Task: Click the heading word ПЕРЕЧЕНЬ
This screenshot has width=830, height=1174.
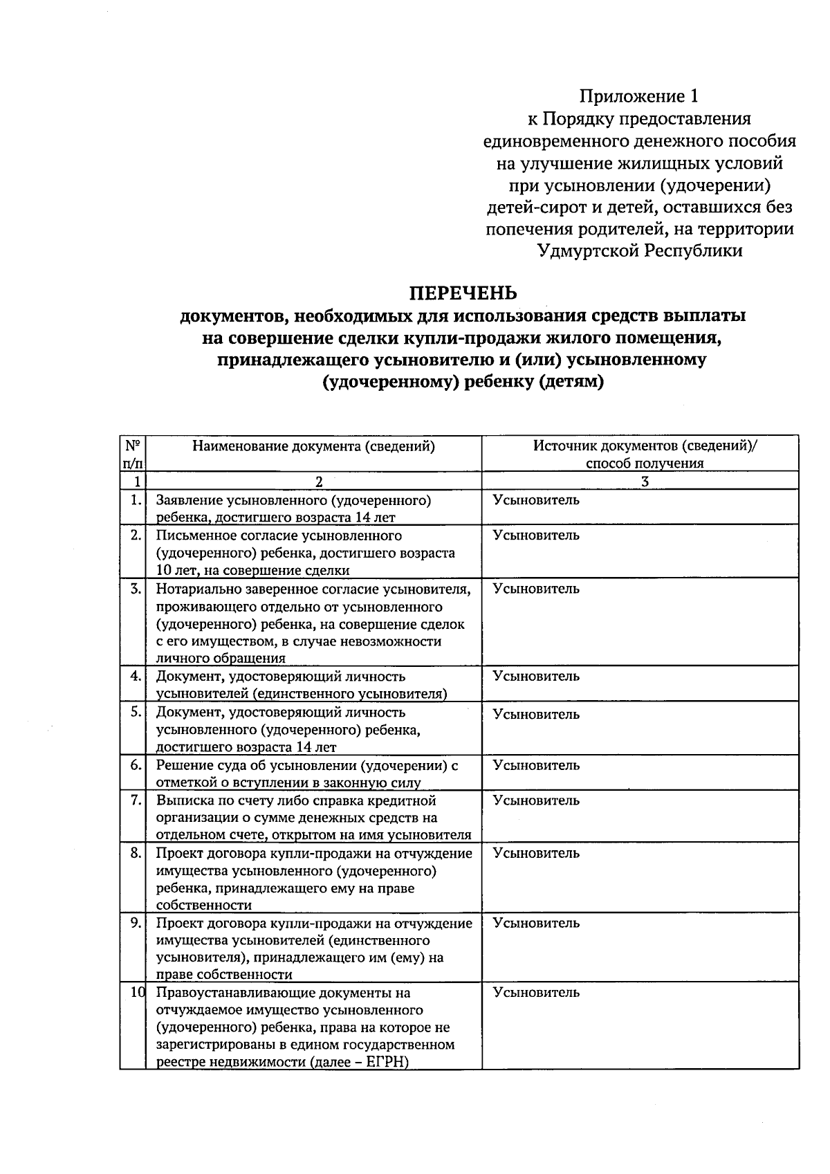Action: coord(463,293)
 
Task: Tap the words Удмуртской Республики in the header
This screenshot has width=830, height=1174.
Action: coord(640,250)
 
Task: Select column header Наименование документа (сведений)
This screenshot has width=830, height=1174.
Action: coord(313,446)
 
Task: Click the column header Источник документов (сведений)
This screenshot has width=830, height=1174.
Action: coord(644,446)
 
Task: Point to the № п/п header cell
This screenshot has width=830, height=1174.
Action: coord(133,454)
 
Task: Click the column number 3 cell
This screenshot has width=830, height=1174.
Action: coord(644,481)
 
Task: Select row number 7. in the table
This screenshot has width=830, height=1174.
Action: coord(136,800)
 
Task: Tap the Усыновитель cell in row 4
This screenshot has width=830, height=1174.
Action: coord(536,676)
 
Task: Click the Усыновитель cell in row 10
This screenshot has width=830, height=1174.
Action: coord(536,992)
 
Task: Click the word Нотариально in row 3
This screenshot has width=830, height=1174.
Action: coord(195,589)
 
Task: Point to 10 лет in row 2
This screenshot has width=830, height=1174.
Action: coord(176,571)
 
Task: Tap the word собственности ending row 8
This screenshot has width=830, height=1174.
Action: coord(204,905)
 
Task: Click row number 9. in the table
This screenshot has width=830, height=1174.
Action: coord(136,923)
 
